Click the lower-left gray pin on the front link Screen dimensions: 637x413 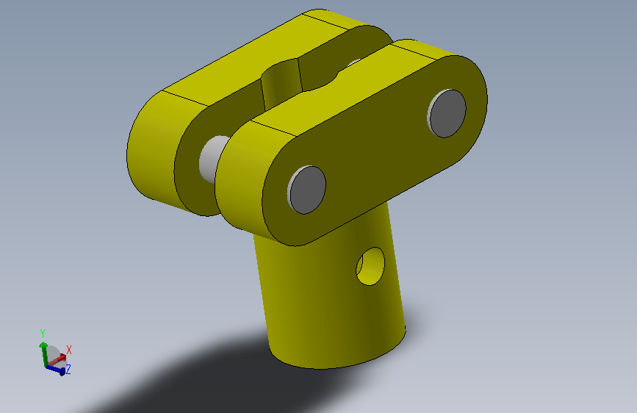tap(306, 190)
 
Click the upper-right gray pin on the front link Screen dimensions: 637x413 tap(447, 113)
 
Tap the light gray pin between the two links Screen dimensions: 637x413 tap(213, 159)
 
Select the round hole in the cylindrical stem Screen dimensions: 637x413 tap(370, 266)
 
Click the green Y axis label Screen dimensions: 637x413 tap(43, 334)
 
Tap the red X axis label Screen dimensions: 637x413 tap(68, 350)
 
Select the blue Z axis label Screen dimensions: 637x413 tap(68, 369)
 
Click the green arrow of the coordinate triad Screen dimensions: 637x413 tap(43, 353)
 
